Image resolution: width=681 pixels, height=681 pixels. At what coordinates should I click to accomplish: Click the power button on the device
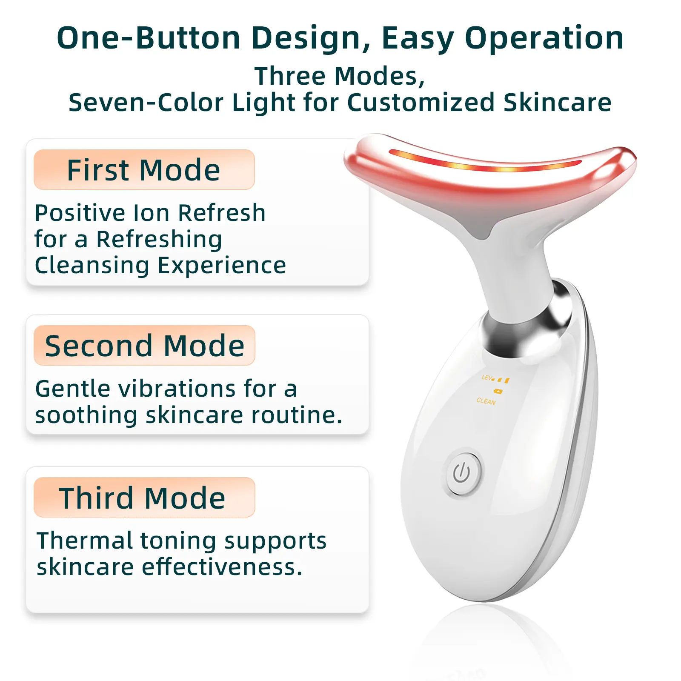(463, 474)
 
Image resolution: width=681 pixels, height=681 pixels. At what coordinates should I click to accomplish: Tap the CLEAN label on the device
(486, 401)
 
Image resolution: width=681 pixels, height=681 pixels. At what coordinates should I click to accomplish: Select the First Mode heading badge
(144, 169)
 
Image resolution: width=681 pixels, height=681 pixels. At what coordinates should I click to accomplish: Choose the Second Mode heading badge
(144, 345)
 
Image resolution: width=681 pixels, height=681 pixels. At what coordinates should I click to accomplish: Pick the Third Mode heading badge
(144, 497)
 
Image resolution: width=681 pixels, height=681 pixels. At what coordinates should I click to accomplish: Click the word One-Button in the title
(149, 38)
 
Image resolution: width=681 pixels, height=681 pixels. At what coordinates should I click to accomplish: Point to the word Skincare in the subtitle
(558, 103)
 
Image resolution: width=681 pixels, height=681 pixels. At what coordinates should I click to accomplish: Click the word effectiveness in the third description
(222, 567)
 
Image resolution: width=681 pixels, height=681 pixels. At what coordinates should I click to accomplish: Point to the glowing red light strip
(485, 162)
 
